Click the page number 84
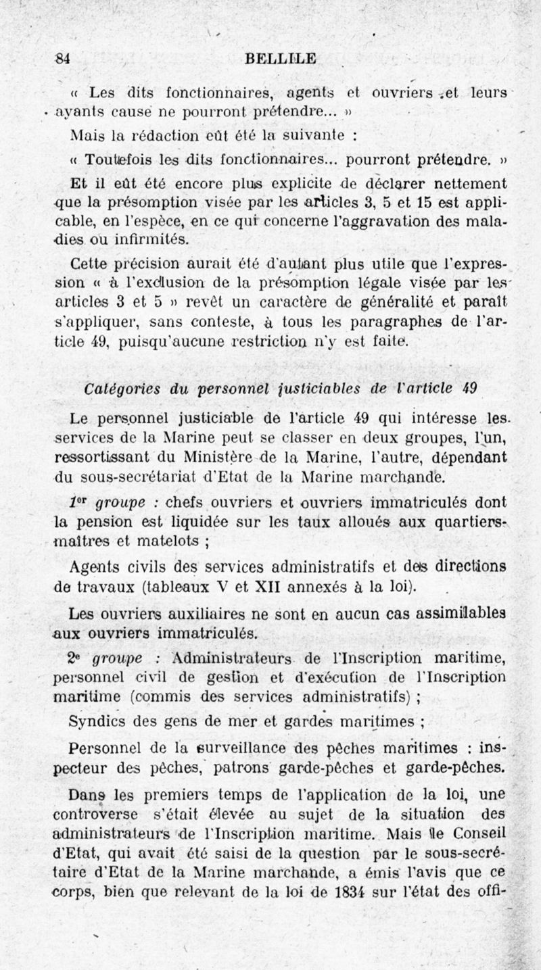pos(63,57)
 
